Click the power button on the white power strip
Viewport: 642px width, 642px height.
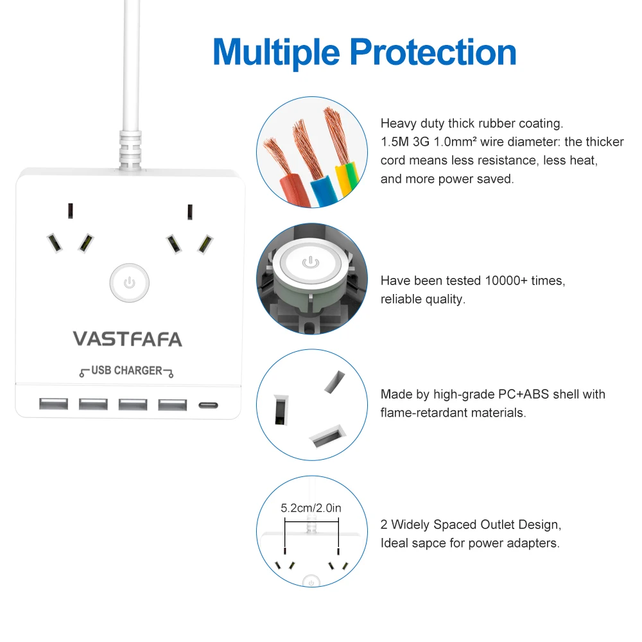[130, 282]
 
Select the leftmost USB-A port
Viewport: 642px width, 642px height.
[53, 404]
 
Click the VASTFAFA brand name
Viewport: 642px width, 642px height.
[127, 338]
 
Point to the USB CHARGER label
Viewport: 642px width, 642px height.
[126, 370]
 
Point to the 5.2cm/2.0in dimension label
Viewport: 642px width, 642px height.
[311, 508]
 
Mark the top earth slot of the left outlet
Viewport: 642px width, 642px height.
[70, 211]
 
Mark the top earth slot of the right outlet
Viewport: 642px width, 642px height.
[189, 211]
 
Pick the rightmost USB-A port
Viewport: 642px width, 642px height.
[173, 404]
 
